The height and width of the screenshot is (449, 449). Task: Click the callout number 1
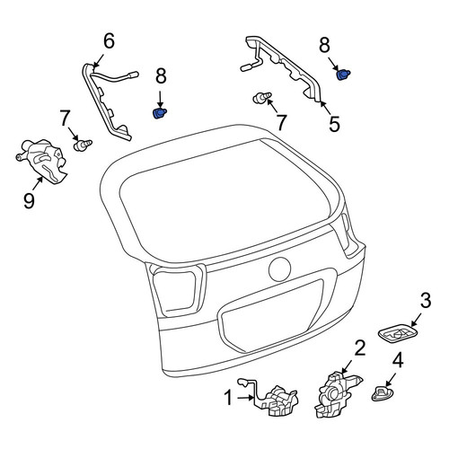coord(228,398)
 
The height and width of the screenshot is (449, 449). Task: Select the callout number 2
coord(360,348)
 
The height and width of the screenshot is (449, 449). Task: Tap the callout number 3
coord(425,300)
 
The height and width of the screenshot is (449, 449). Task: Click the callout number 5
coord(334,124)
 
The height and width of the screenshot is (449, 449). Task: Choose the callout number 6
coord(109,40)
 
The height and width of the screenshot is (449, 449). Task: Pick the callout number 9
coord(29,200)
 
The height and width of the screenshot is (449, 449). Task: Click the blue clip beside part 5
coord(343,75)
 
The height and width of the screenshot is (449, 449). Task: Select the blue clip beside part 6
coord(160,113)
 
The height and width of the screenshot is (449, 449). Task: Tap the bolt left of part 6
coord(83,145)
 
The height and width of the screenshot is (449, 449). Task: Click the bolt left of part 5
coord(262,97)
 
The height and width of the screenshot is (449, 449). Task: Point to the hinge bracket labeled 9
coord(42,160)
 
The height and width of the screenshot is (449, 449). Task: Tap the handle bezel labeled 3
coord(398,333)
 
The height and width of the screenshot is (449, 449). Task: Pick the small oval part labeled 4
coord(383,393)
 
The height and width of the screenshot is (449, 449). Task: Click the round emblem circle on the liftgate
coord(280,269)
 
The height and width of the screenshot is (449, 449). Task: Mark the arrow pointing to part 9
coord(39,183)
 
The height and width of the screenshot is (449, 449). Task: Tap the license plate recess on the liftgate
coord(271,316)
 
